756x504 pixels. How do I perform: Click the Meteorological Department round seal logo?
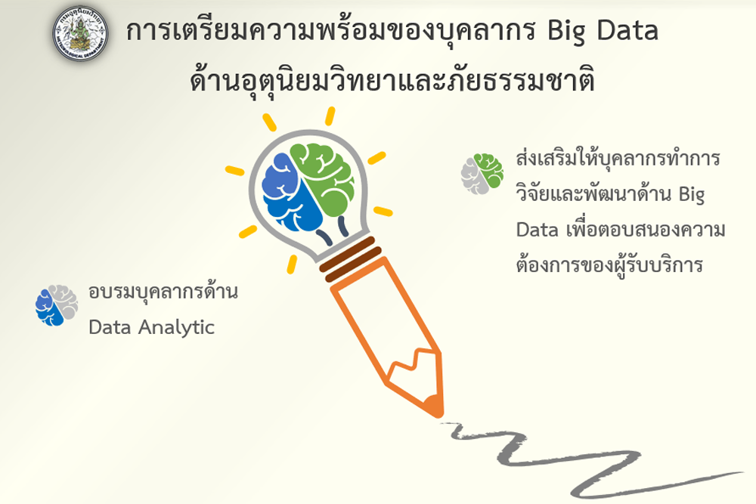tap(80, 34)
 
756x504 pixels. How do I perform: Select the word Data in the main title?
tap(627, 30)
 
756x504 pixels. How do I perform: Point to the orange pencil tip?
tap(432, 407)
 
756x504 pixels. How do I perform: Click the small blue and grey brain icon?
tap(57, 305)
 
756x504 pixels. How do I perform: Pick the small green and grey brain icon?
tap(482, 174)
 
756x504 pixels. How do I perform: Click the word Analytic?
tap(176, 328)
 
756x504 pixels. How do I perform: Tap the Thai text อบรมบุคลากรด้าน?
tap(163, 291)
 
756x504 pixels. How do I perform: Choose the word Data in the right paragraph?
tap(537, 230)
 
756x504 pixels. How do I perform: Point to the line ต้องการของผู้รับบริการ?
tap(609, 264)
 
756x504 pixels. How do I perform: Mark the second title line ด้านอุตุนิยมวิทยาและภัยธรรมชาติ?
tap(392, 80)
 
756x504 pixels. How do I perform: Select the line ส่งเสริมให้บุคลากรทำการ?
tap(618, 159)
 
